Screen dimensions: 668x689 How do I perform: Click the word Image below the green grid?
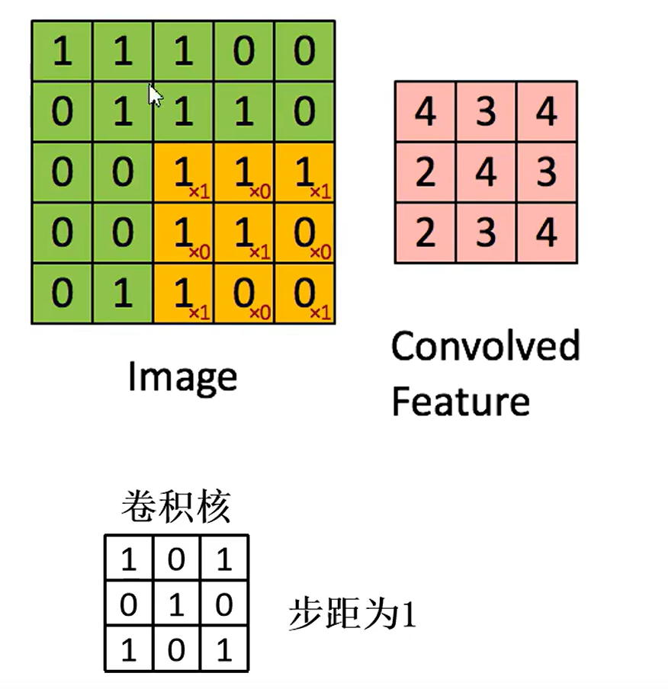(182, 378)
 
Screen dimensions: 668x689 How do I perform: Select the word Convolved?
(486, 346)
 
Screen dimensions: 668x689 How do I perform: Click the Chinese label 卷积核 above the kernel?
(176, 508)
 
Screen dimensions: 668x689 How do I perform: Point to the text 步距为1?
(352, 614)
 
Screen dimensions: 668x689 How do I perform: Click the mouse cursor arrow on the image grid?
(155, 95)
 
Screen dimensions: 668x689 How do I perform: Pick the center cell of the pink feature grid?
(486, 172)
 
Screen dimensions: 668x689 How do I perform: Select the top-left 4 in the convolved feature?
(426, 111)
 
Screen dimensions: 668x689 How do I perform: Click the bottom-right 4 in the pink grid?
(547, 232)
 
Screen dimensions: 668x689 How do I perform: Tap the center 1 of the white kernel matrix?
(176, 604)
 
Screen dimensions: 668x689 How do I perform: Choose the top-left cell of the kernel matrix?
(129, 559)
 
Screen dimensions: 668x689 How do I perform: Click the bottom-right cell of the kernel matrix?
(224, 649)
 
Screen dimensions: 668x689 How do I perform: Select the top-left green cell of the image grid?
(62, 51)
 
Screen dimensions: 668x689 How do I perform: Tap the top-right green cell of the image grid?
(304, 51)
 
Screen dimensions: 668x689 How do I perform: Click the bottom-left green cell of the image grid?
(62, 293)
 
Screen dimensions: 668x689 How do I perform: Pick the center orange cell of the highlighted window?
(244, 233)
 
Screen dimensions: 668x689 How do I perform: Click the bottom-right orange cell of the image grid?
(304, 293)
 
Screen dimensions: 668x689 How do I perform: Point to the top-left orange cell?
(183, 173)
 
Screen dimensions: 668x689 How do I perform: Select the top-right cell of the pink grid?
(547, 111)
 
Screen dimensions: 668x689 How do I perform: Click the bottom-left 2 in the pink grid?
(426, 232)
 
